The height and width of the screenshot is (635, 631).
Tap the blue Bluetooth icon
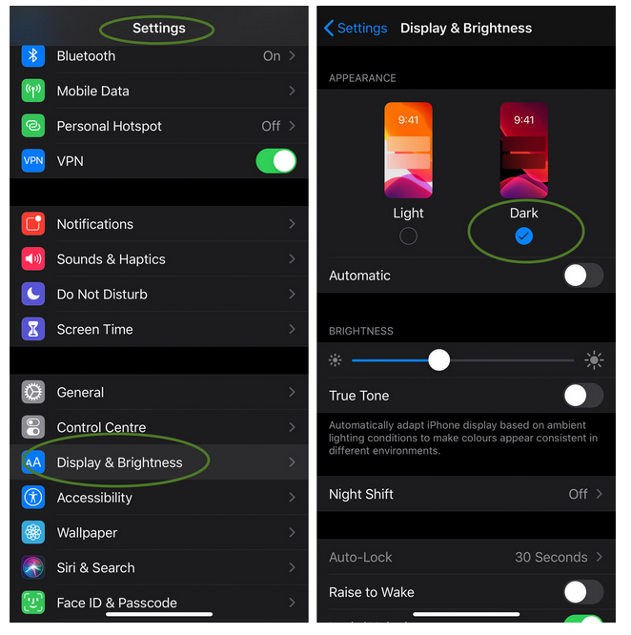(33, 56)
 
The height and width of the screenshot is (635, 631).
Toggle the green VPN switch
(276, 161)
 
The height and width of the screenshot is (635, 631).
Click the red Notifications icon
(33, 224)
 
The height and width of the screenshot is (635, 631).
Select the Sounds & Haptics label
(111, 259)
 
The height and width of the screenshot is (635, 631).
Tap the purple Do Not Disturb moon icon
(33, 294)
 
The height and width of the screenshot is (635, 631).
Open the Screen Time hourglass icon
(33, 329)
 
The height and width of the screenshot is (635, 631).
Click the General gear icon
(33, 393)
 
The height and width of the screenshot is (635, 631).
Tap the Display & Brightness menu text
(119, 462)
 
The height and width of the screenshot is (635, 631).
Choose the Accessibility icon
(33, 498)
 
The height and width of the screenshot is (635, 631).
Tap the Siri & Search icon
(33, 567)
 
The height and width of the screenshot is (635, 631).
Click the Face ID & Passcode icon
(33, 603)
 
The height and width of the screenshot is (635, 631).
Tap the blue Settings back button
(356, 28)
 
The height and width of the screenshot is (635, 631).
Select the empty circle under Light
(408, 236)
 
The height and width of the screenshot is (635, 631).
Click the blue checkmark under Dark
(523, 236)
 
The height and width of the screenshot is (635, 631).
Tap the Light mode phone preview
(408, 151)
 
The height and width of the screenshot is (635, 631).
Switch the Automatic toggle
(583, 276)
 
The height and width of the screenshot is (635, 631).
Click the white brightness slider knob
(439, 360)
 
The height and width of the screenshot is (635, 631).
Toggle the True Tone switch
(583, 396)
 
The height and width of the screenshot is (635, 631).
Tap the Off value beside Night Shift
(578, 494)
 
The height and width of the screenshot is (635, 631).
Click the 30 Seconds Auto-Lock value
(551, 557)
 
